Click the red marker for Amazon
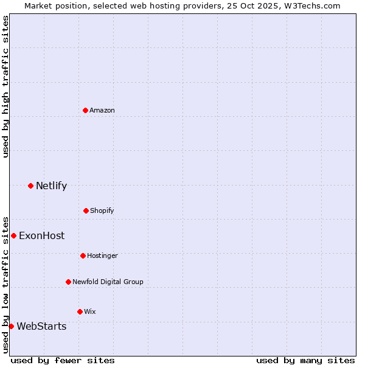[85, 110]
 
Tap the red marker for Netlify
[30, 186]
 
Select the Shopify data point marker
[86, 210]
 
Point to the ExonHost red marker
[13, 235]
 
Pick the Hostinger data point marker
[83, 255]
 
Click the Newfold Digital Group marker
[68, 282]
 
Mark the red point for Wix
[80, 311]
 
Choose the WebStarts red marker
[11, 326]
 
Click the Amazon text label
[102, 110]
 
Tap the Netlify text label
[51, 186]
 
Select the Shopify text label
[102, 210]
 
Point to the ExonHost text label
[41, 235]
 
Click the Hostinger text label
[102, 255]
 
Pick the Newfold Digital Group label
[108, 282]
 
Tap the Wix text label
[90, 311]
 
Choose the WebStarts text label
[41, 326]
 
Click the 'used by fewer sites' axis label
[63, 360]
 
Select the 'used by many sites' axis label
[305, 360]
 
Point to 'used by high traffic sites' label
[5, 86]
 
